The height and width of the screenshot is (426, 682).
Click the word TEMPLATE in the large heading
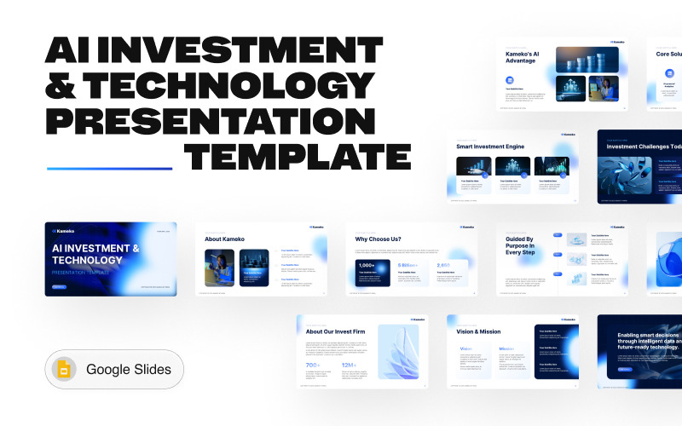coord(299,157)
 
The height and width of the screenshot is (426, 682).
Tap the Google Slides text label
coord(128,370)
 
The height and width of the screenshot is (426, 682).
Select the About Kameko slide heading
coord(225,239)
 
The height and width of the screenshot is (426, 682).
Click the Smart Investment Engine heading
coord(491,147)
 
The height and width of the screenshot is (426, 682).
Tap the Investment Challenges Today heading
coord(644,147)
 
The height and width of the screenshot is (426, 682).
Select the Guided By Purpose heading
coord(519,246)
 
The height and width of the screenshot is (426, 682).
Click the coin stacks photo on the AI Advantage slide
coord(588,58)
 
